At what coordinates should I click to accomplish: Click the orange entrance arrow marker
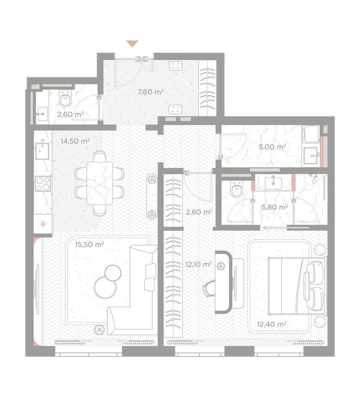point(132,44)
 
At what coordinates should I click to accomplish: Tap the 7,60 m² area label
point(150,92)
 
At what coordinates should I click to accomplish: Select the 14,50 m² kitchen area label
point(75,141)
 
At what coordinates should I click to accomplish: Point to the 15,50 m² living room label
point(90,245)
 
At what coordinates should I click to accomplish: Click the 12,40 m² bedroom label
point(271,324)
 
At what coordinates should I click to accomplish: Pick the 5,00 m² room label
point(272,147)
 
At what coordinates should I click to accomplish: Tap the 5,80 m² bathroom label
point(275,207)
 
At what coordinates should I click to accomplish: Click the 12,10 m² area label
point(199,264)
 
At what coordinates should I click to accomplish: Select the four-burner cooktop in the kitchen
point(43,184)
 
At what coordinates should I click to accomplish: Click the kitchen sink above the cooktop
point(42,150)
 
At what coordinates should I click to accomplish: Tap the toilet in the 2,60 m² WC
point(65,98)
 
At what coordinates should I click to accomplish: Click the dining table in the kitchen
point(100,183)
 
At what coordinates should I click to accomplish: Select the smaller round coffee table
point(113,273)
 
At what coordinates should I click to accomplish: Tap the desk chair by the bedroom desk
point(210,288)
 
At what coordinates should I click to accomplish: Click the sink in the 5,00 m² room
point(311,155)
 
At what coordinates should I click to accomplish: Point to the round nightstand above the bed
point(320,250)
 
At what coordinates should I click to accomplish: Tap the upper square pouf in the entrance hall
point(175,65)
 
